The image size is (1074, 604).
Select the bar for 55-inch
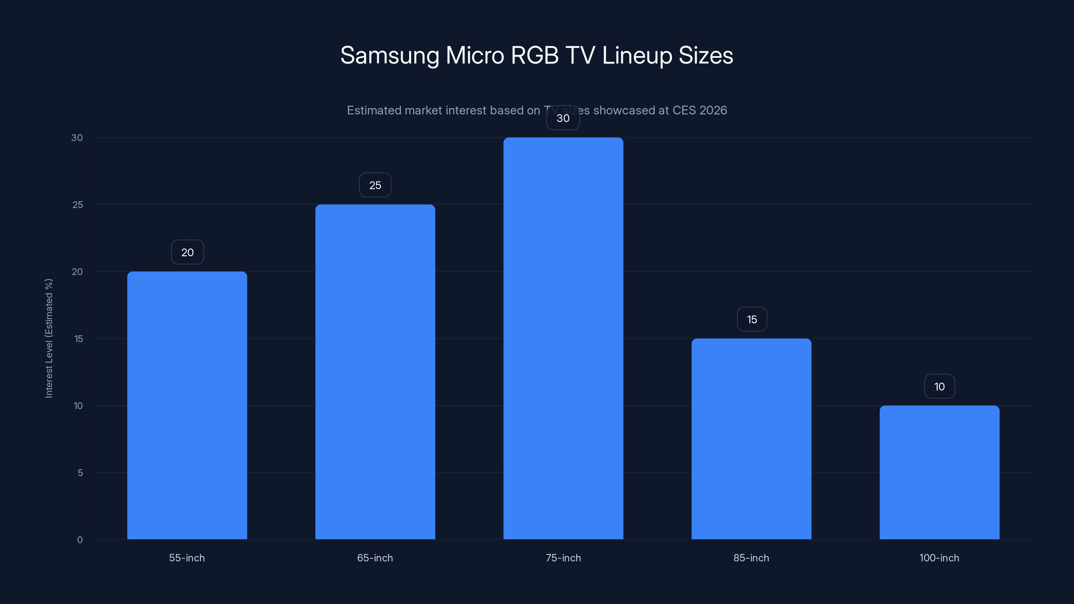coord(187,405)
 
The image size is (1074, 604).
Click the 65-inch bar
coord(375,372)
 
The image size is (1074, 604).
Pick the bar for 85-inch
coord(751,439)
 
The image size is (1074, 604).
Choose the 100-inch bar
coord(939,472)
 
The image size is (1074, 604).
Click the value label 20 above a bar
coord(187,252)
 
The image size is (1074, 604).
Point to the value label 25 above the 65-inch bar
coord(375,185)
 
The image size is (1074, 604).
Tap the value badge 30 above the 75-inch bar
coord(563,118)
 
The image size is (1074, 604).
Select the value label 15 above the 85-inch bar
coord(752,319)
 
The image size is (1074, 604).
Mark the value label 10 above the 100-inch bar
coord(939,387)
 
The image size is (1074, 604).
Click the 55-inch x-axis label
coord(187,558)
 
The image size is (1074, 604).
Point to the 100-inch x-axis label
coord(939,558)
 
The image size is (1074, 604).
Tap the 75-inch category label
coord(563,558)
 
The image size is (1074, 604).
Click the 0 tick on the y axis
coord(80,540)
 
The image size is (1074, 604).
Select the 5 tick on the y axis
coord(80,473)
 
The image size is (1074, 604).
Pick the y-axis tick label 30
coord(77,138)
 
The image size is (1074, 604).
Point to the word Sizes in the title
coord(705,55)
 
